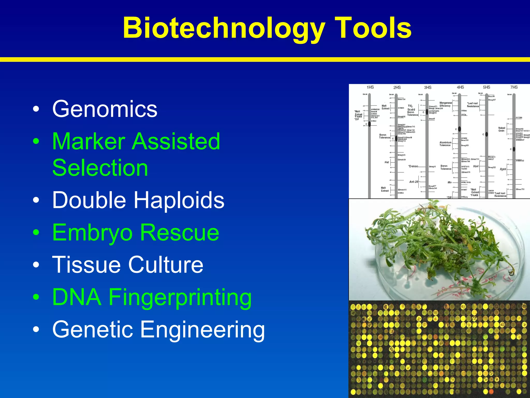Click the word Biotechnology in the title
(x=224, y=28)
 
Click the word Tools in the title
(x=373, y=28)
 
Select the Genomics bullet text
(x=105, y=109)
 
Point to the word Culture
(x=166, y=265)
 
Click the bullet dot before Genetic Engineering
(x=36, y=330)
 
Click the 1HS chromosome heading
(x=370, y=87)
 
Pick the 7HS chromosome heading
(x=514, y=87)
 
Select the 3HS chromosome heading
(x=428, y=88)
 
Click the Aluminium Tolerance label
(x=445, y=144)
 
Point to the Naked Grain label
(x=502, y=129)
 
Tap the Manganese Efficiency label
(x=445, y=104)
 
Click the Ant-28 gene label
(x=414, y=182)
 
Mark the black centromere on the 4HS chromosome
(x=459, y=129)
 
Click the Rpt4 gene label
(x=503, y=169)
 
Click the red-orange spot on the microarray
(x=491, y=391)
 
